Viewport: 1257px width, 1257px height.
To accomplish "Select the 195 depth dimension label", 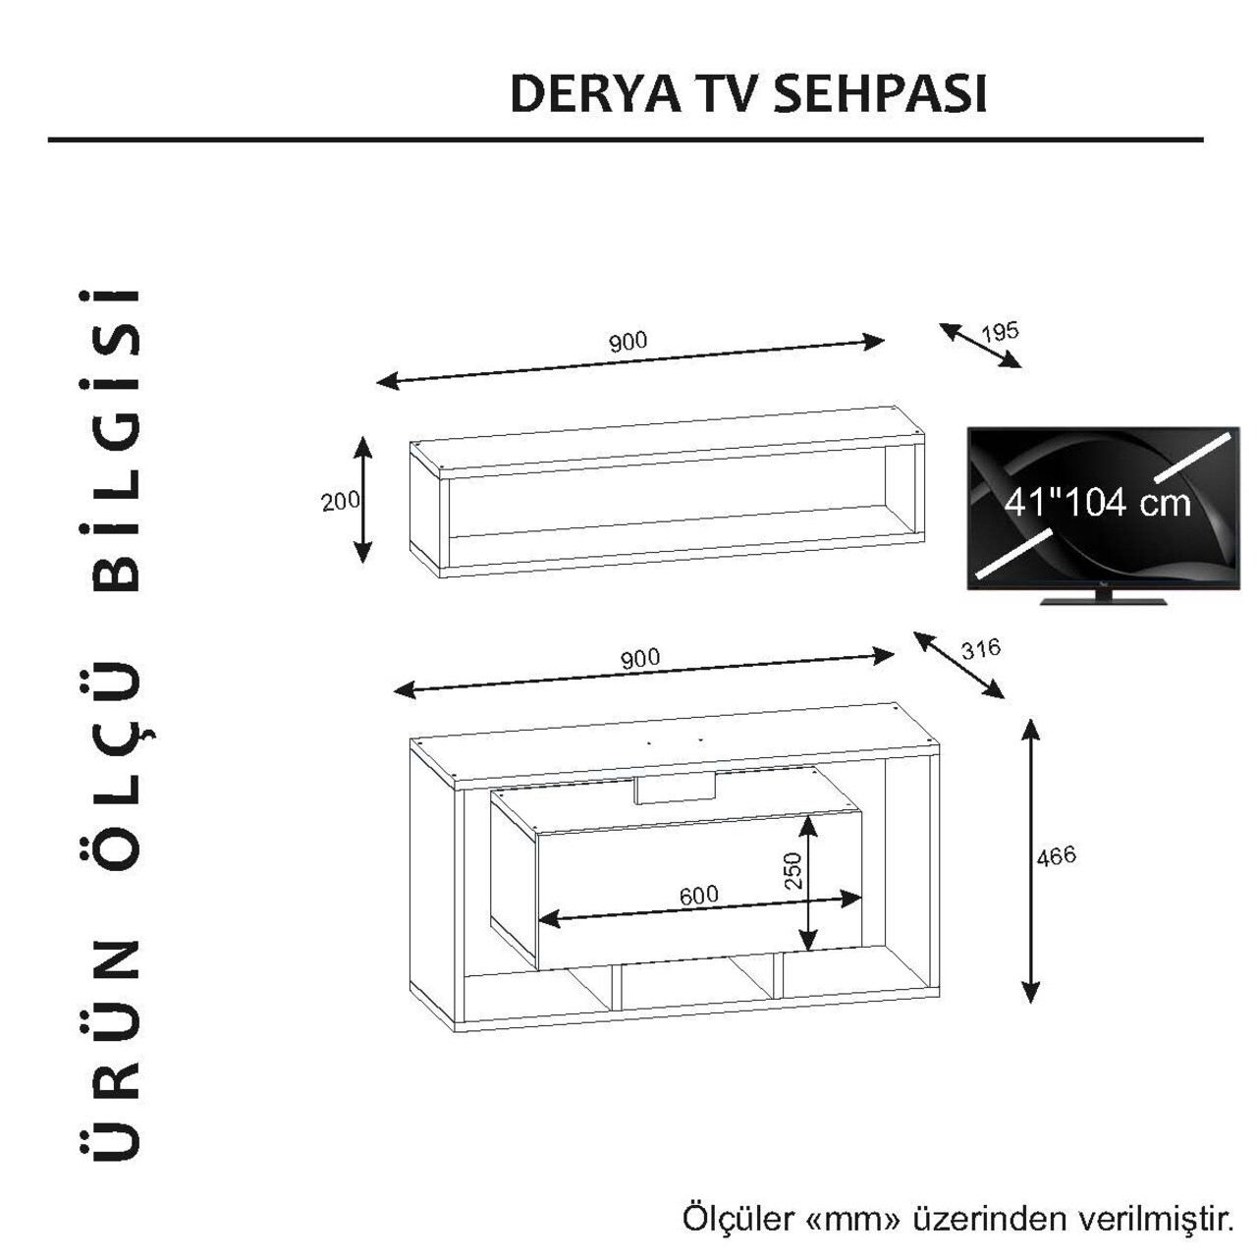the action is (x=1000, y=332).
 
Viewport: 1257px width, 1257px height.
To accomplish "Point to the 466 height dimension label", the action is (x=1056, y=855).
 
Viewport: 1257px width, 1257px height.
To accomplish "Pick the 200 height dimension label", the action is (x=341, y=501).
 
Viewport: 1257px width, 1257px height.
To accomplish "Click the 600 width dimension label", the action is (x=698, y=895).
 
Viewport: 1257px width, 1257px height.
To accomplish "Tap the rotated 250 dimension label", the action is (x=793, y=870).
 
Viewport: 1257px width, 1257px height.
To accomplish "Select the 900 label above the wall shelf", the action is (x=628, y=341).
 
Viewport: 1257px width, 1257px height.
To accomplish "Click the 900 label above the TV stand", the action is (x=640, y=659).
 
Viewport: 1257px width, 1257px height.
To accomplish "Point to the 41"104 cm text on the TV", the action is (x=1098, y=503).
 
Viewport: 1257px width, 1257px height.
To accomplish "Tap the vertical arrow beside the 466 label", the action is (x=1030, y=861).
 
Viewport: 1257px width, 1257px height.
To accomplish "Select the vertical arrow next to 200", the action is (x=362, y=500).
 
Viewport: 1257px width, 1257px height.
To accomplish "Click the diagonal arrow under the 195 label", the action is (x=980, y=346).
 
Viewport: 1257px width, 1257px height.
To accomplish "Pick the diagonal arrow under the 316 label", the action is (x=958, y=665).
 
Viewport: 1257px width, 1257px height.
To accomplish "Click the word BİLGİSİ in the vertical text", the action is (x=114, y=440).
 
